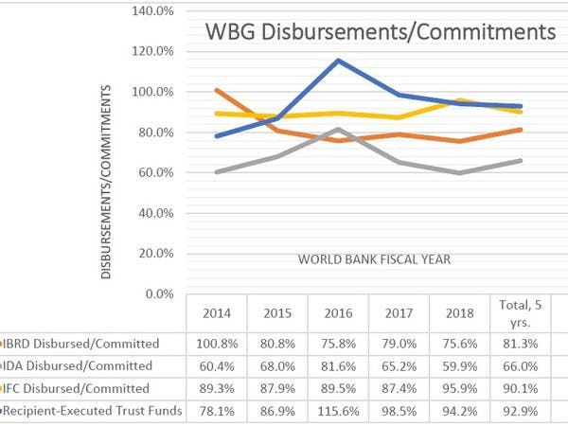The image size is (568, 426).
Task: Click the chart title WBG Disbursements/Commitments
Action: click(381, 33)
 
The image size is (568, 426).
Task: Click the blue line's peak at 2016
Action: click(339, 61)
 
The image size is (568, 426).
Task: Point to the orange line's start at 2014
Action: click(217, 91)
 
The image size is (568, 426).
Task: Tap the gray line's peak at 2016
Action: click(339, 129)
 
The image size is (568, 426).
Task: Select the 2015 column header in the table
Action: click(277, 313)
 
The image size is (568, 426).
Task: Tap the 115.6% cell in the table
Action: click(339, 410)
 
